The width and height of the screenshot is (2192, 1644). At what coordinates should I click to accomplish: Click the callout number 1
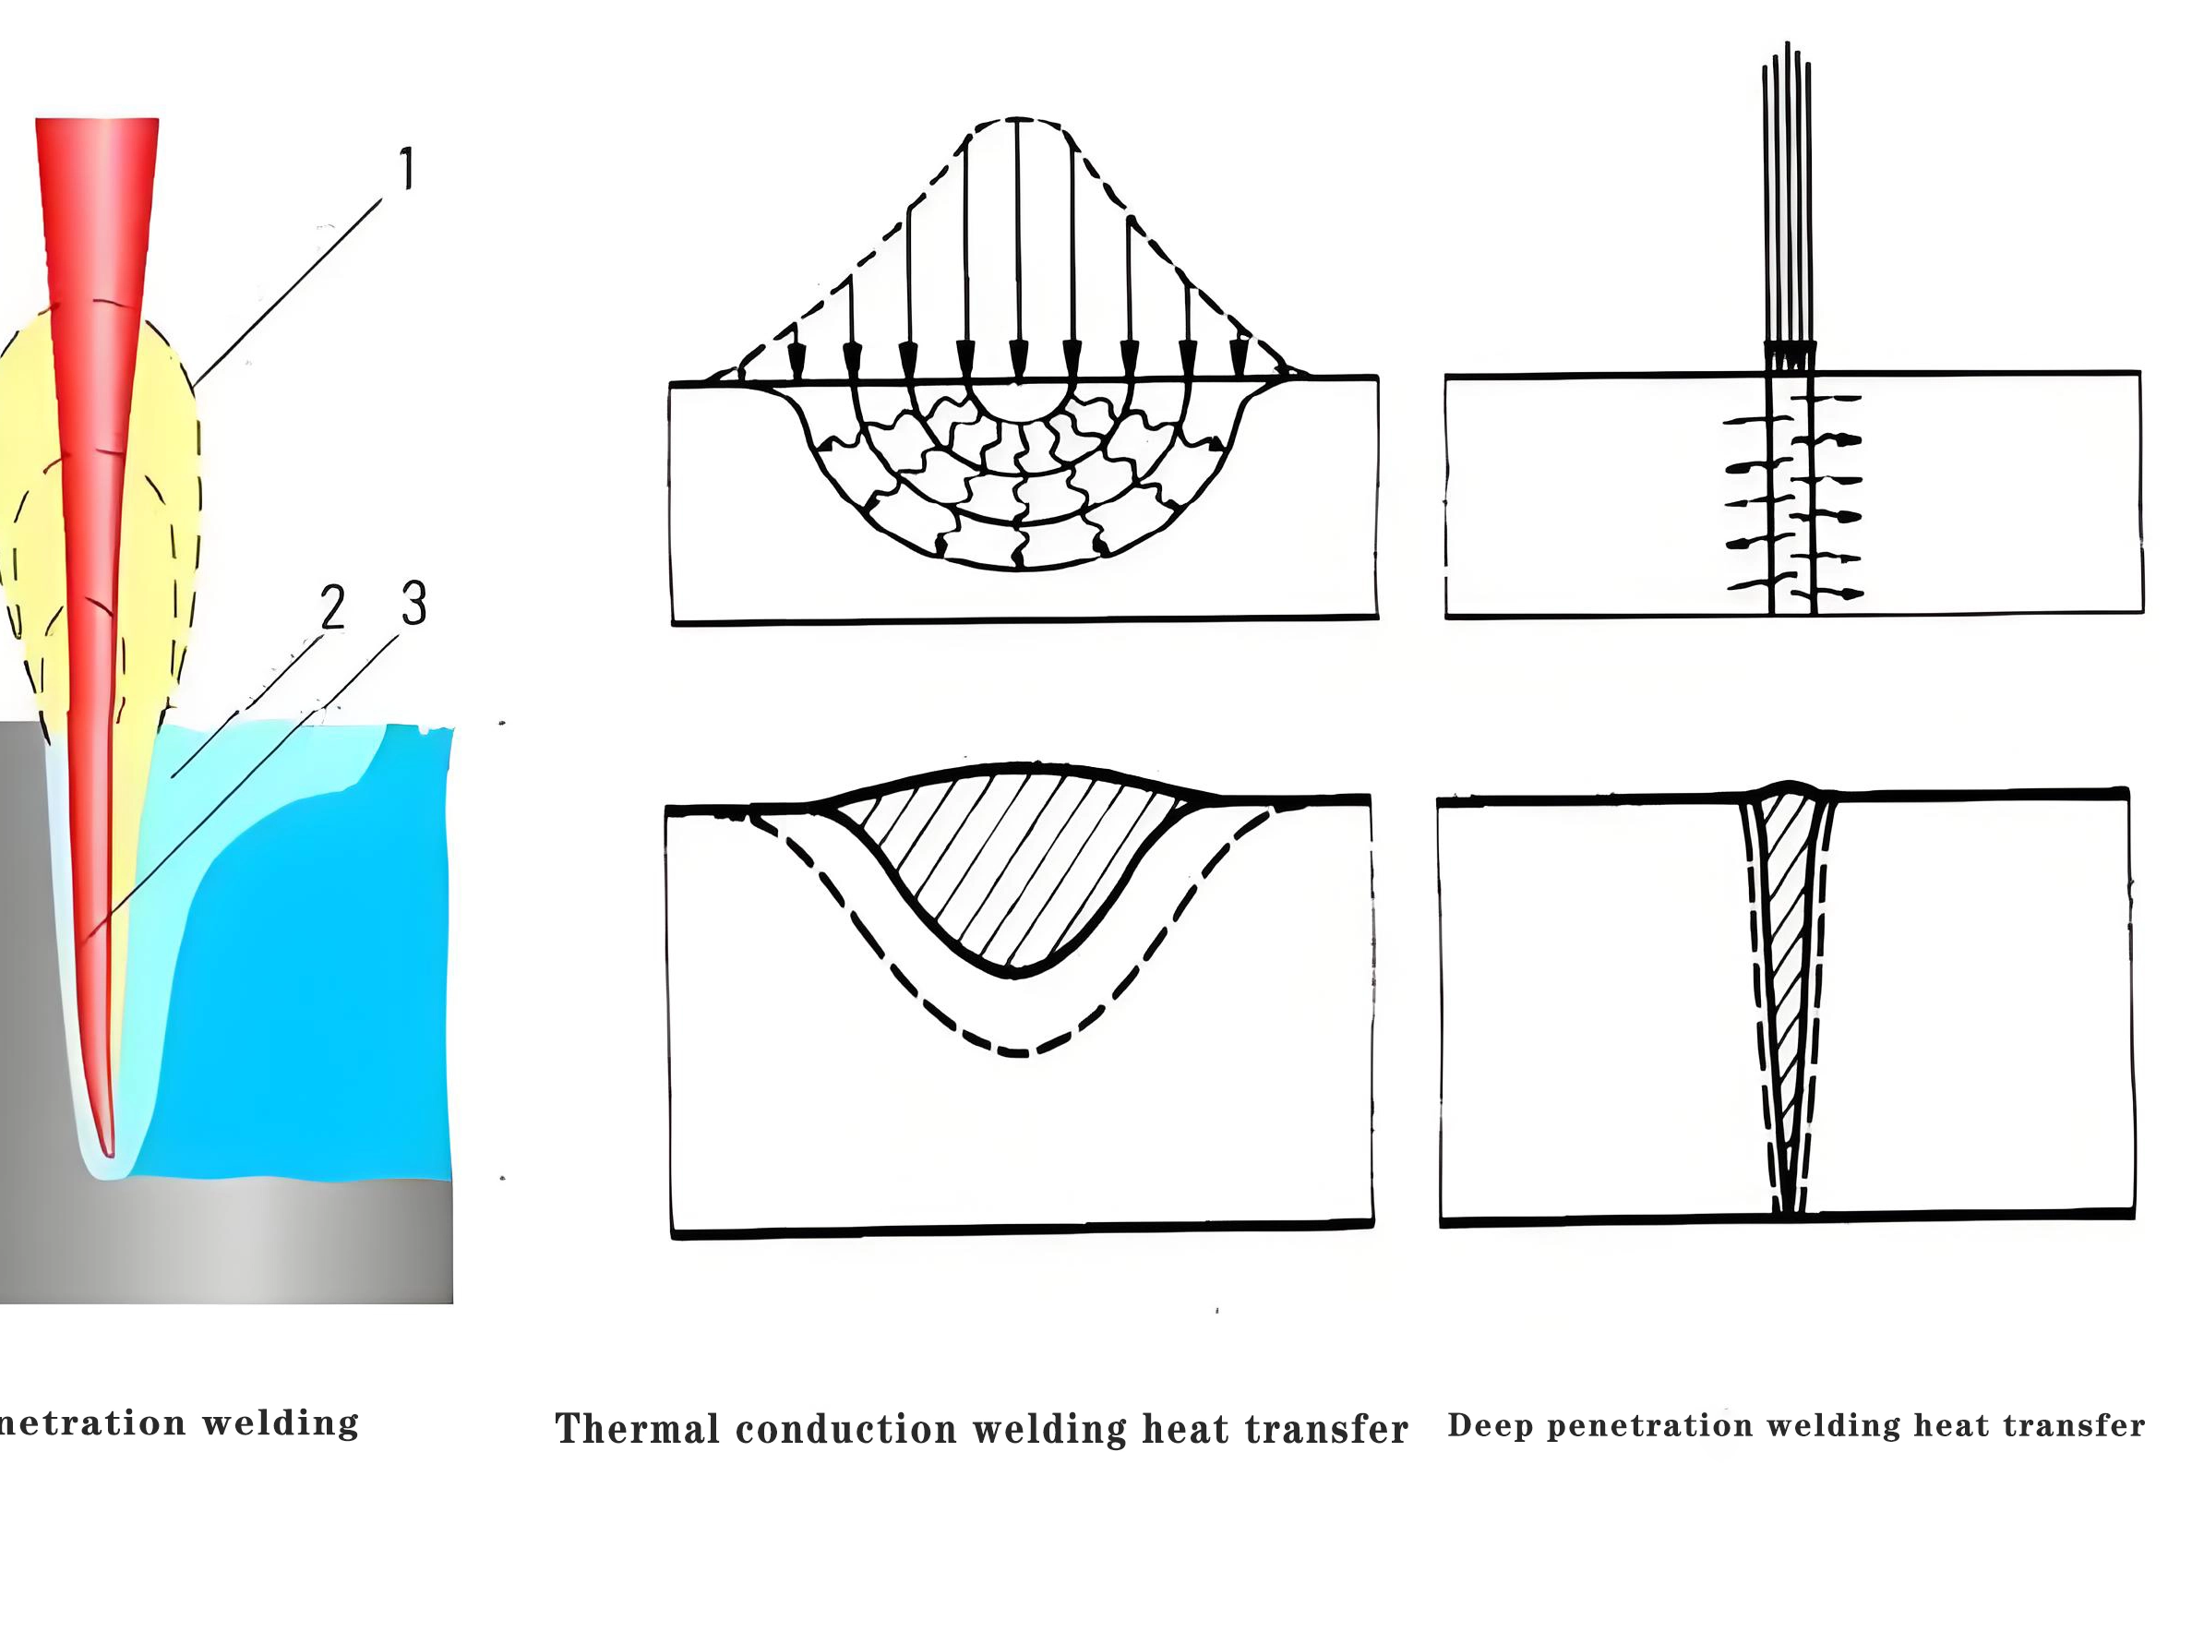[x=406, y=170]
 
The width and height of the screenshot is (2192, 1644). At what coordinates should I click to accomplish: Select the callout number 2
[x=332, y=606]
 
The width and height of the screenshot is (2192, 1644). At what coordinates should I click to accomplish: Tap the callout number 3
[x=413, y=603]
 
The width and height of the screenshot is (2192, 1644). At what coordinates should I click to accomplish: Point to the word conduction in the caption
[x=846, y=1430]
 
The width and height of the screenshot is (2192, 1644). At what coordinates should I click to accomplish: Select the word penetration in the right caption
[x=1650, y=1426]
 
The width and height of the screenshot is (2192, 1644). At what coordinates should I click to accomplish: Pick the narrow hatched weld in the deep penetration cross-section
[x=1786, y=942]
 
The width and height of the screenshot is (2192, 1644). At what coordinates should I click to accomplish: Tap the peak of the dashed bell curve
[x=1018, y=120]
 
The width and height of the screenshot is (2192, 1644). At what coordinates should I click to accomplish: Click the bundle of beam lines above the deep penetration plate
[x=1788, y=198]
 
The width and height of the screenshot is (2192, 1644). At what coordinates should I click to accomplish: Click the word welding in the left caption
[x=281, y=1424]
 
